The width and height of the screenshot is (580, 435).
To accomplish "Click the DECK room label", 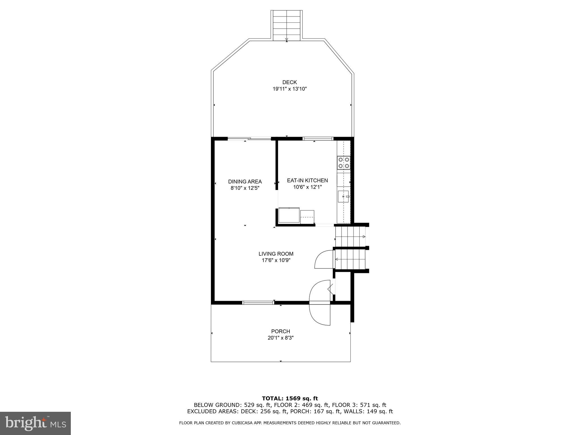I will point(289,82).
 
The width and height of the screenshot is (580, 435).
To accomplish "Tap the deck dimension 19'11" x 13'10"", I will point(290,89).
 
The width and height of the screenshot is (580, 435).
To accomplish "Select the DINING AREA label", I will point(245,182).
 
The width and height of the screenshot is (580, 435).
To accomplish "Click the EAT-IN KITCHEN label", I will point(307,180).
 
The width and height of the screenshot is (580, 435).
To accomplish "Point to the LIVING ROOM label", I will point(276,254).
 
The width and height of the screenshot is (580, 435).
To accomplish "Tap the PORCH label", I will point(280,331).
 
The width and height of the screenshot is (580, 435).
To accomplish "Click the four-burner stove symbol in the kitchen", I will point(344,163).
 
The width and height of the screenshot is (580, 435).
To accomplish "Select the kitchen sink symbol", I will point(343,196).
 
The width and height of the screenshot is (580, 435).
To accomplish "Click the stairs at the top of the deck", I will point(287,25).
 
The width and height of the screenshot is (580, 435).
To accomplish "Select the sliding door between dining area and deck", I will point(249,139).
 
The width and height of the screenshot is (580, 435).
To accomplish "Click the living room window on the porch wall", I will point(258,303).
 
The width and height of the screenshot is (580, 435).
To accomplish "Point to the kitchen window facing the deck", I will point(318,139).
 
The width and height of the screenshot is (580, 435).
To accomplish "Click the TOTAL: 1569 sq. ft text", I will point(290,398).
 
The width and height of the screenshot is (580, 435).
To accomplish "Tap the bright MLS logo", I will point(35,423).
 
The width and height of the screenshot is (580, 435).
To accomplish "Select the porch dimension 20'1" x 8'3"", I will point(280,338).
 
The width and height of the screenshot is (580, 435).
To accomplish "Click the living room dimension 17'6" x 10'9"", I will point(276,261).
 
